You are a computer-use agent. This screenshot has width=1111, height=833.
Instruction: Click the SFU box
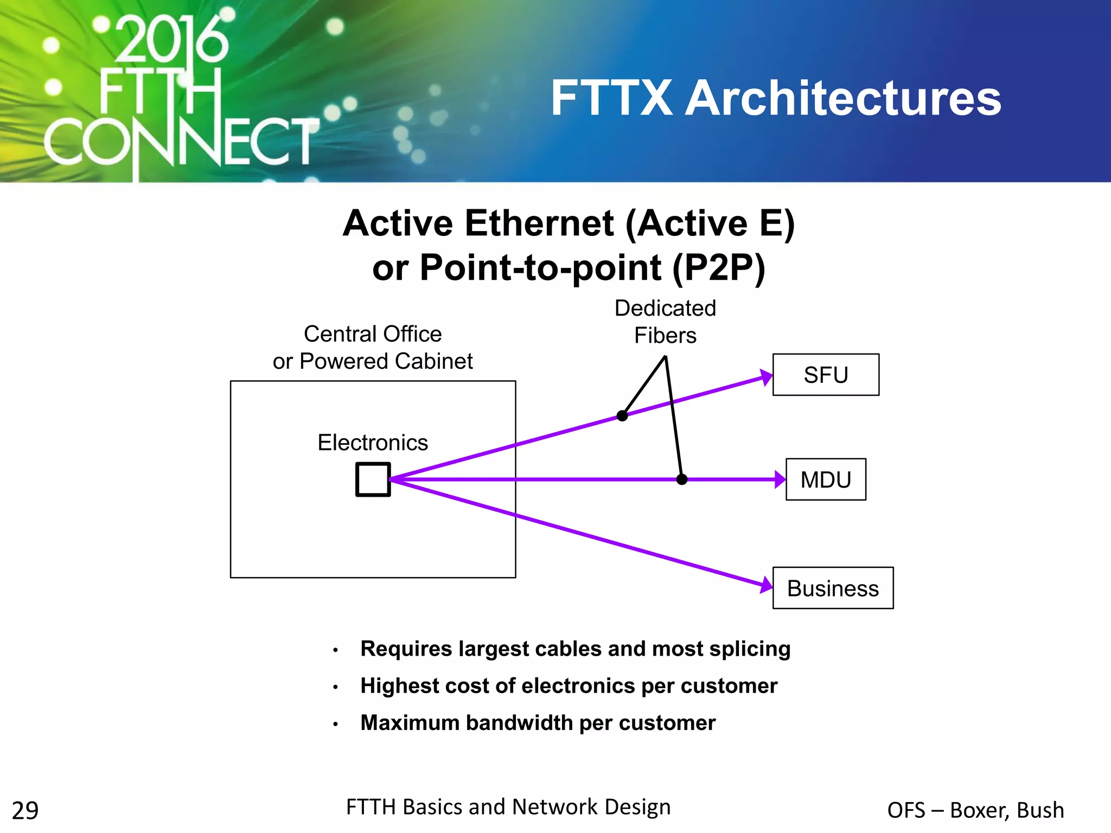[825, 375]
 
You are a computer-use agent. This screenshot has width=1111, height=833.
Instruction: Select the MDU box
[825, 479]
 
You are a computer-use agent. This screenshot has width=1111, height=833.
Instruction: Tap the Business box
[832, 588]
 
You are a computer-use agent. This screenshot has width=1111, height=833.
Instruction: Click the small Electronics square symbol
[373, 479]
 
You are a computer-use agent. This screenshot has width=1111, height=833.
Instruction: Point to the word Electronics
[373, 443]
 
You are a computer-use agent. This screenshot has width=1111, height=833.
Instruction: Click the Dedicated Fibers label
[665, 322]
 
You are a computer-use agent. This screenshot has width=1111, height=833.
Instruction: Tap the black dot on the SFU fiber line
[622, 416]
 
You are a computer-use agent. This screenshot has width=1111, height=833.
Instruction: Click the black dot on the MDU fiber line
[682, 479]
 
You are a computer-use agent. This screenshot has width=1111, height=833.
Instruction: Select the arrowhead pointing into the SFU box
[766, 377]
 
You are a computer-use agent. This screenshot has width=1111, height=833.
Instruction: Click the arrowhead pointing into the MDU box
[780, 479]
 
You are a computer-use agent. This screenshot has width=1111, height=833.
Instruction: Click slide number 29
[25, 811]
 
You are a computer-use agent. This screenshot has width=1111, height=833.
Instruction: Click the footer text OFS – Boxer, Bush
[975, 810]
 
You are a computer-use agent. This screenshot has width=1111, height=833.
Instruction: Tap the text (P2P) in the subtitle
[718, 267]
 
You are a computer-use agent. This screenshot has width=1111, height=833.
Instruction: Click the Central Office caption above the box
[373, 334]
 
